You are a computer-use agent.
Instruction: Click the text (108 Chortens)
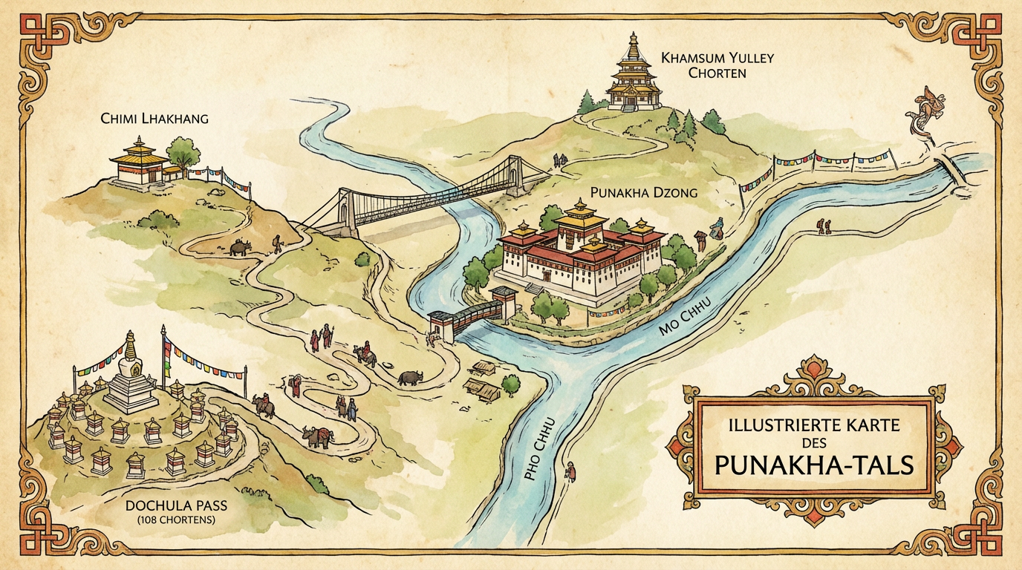pos(176,520)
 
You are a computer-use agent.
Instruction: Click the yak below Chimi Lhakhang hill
pos(239,247)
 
